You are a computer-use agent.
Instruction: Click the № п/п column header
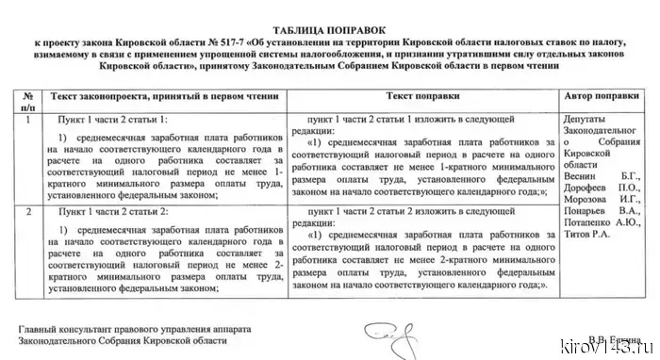29,103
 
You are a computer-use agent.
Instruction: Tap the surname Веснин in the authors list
583,176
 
